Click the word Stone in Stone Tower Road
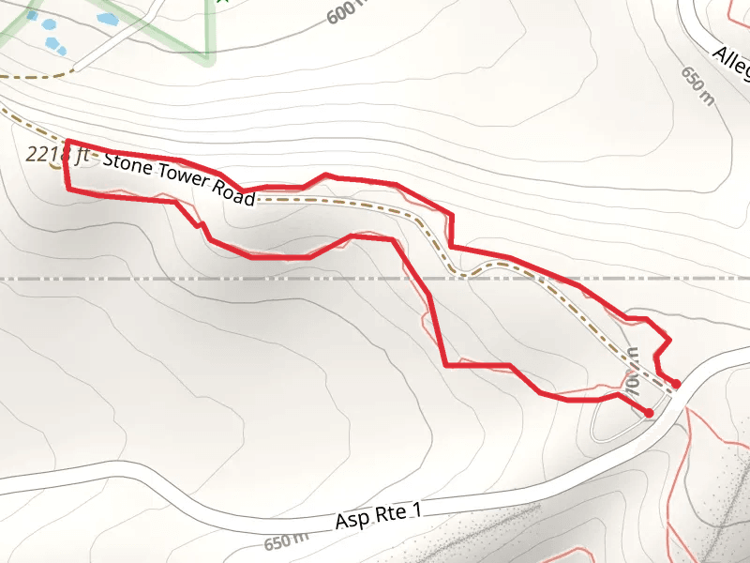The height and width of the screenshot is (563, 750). pos(126,161)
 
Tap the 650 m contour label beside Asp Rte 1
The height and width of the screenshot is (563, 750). pos(286,541)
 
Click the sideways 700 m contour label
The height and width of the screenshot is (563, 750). pos(632,371)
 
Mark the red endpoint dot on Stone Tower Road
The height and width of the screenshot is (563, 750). pos(676,384)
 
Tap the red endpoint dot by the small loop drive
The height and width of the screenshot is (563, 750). pos(649,413)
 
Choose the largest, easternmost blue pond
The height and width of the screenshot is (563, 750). pos(107,19)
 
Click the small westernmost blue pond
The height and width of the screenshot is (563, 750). pos(33,16)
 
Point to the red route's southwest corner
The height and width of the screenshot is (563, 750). pos(67,189)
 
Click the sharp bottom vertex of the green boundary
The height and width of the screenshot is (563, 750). pos(208,59)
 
